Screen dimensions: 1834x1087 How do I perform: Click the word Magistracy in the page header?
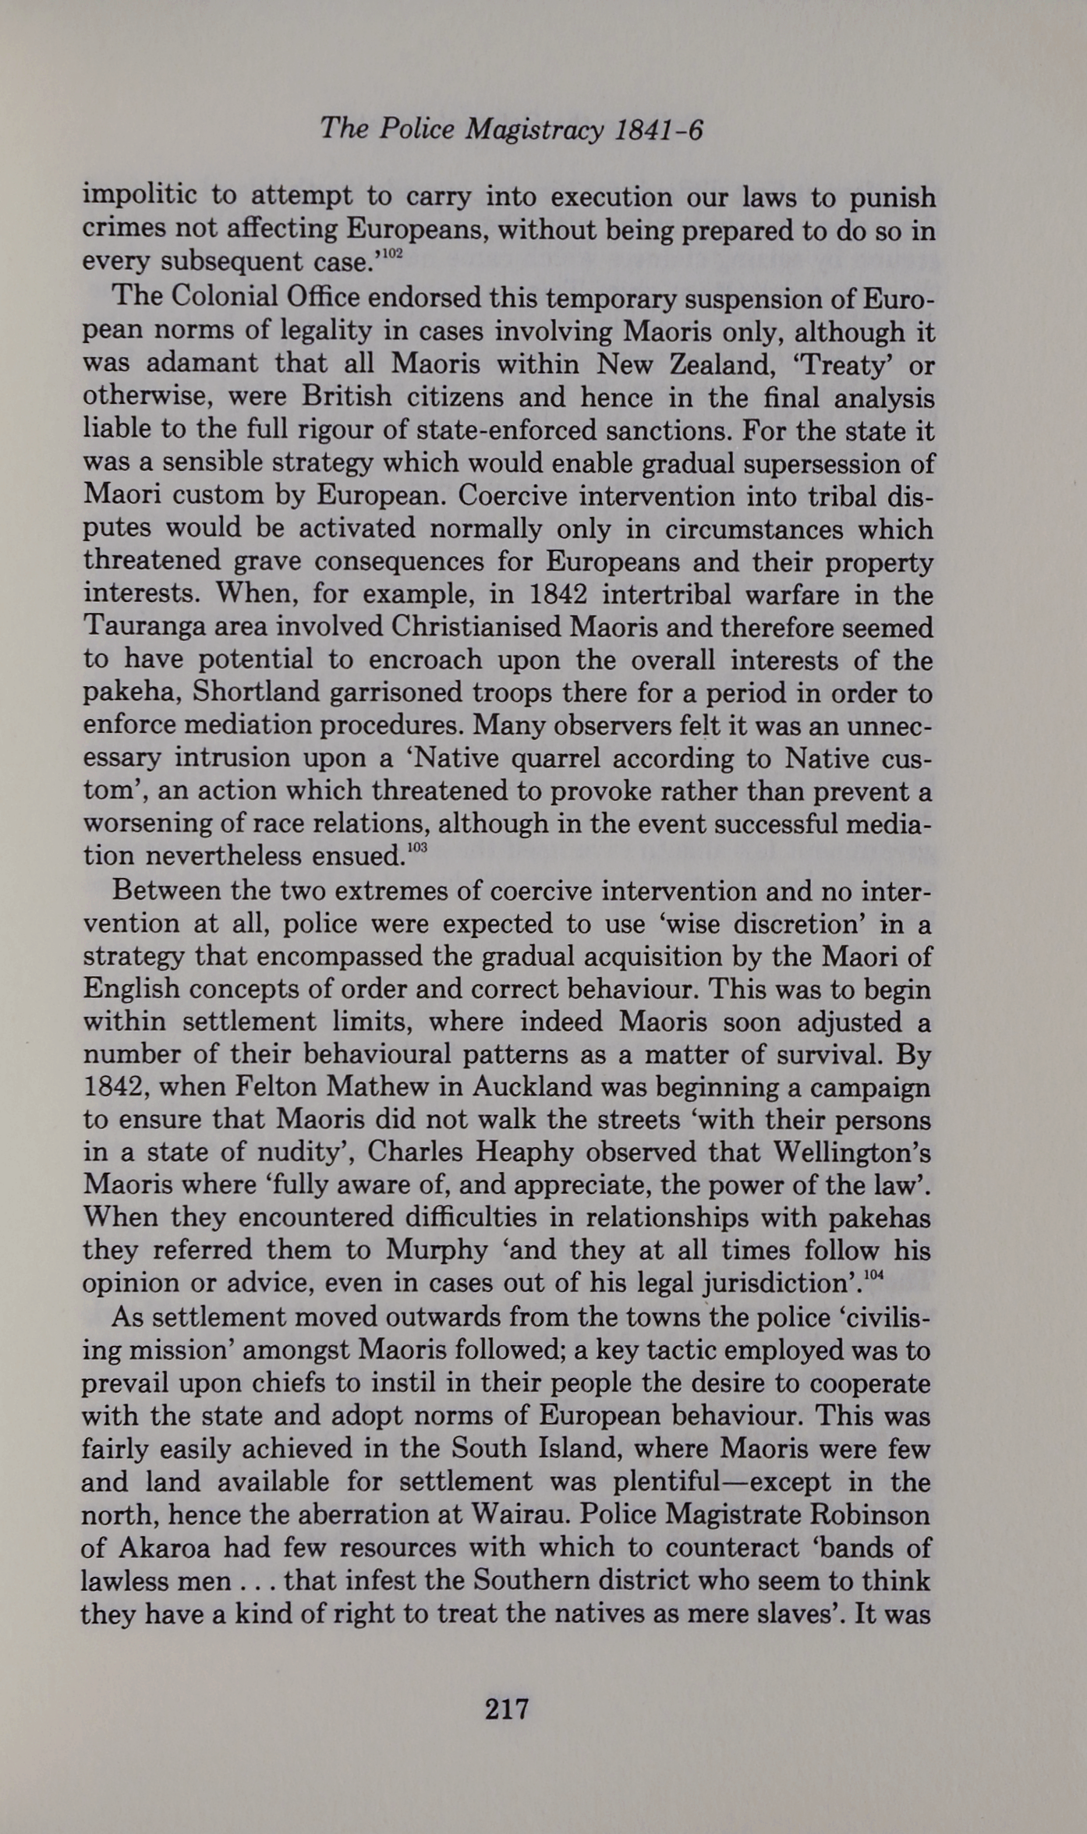tap(534, 129)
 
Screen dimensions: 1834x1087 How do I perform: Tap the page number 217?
tap(507, 1708)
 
